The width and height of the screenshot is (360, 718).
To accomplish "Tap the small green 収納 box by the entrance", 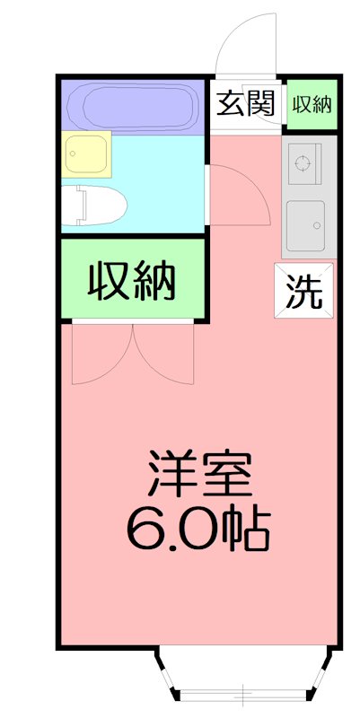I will click(312, 104).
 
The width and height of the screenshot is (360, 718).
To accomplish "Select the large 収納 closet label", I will click(131, 283).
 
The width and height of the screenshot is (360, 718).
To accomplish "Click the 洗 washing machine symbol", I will click(303, 291).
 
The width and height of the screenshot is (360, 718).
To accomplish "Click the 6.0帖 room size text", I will click(199, 529).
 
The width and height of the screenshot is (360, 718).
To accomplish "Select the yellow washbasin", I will click(87, 153).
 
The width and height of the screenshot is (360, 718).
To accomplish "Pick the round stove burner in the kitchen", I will click(303, 164).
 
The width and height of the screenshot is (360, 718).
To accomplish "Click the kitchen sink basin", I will click(305, 224).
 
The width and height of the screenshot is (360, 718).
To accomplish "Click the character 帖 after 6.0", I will click(246, 529).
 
